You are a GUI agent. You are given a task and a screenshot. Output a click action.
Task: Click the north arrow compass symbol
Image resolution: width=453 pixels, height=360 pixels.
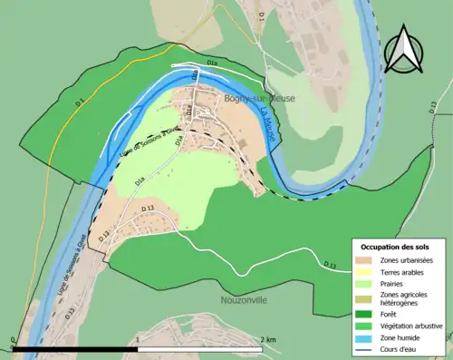tap(404, 49)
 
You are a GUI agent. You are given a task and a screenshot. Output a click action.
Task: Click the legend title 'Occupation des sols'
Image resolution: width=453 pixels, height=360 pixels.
tap(396, 247)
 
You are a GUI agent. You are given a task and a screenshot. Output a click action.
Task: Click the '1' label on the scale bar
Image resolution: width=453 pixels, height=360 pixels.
tap(137, 339)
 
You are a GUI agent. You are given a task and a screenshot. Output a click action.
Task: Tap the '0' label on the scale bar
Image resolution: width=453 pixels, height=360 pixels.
tap(14, 339)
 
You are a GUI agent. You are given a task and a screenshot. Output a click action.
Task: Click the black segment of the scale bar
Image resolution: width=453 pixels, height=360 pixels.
tap(75, 348)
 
